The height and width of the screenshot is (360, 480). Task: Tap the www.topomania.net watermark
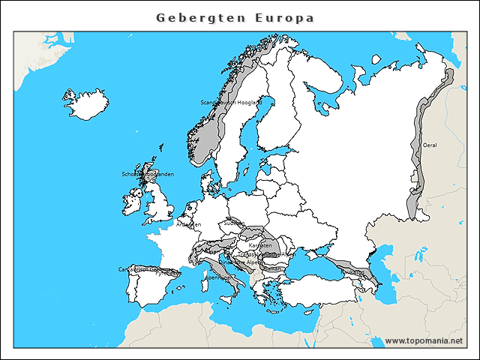pos(424,341)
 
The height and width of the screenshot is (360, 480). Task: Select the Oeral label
pos(430,145)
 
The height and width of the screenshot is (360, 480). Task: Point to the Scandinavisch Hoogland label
pos(231,102)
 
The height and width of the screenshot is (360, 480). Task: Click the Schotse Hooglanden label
pos(148,174)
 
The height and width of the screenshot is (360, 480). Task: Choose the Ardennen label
pos(189,224)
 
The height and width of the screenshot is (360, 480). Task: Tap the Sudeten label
pos(233,223)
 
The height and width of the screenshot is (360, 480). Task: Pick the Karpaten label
pos(259,245)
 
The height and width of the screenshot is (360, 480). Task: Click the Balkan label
pos(272,268)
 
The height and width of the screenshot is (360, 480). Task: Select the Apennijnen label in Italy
pos(218,277)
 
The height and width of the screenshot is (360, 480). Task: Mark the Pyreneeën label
pos(166,274)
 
